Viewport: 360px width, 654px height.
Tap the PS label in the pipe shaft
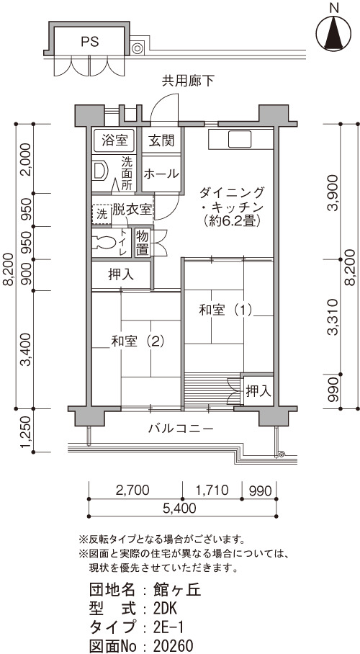tap(90, 41)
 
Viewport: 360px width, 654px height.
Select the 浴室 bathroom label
tap(114, 140)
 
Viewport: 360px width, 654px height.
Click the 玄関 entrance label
tap(161, 140)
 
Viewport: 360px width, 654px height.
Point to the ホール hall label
tap(161, 174)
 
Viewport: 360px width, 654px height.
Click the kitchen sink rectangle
tap(240, 139)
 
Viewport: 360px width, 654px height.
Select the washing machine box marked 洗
tap(102, 215)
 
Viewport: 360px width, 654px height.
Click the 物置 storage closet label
tap(142, 243)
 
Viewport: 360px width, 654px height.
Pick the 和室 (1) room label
tap(225, 310)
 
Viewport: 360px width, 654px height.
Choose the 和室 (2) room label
tap(138, 341)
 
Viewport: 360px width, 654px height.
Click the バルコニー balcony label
tap(181, 429)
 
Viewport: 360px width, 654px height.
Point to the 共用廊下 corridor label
tap(188, 81)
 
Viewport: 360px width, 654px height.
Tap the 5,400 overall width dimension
tap(182, 508)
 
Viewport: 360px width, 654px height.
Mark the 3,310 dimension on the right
tap(333, 317)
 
